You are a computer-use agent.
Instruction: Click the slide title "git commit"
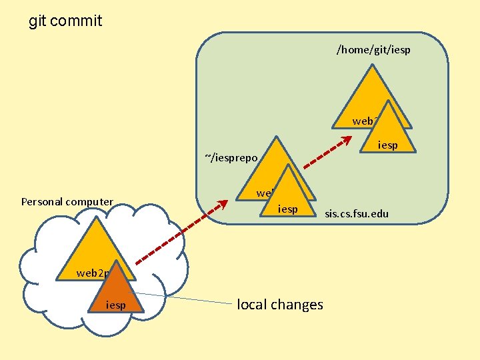[65, 21]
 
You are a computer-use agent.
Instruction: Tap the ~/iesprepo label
[231, 157]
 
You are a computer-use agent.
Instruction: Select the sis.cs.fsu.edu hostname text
[357, 215]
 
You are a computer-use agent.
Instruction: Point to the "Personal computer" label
[67, 201]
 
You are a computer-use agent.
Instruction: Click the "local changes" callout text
[280, 305]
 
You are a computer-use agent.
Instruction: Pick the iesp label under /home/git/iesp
[387, 145]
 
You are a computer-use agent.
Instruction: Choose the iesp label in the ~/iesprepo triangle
[288, 209]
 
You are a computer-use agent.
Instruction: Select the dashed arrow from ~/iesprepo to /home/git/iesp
[327, 153]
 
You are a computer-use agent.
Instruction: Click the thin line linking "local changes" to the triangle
[187, 299]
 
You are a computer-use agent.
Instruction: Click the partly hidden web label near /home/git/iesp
[364, 121]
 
